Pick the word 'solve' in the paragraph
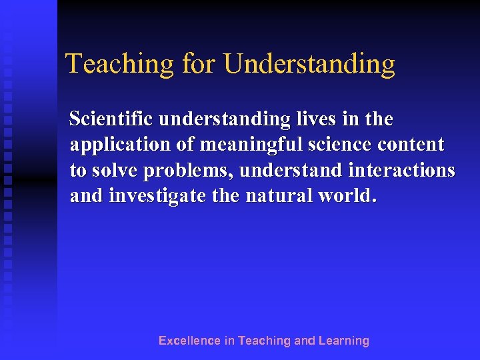(x=114, y=171)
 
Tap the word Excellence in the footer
(x=189, y=341)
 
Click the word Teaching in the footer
(x=264, y=341)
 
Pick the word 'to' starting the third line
(x=77, y=171)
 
